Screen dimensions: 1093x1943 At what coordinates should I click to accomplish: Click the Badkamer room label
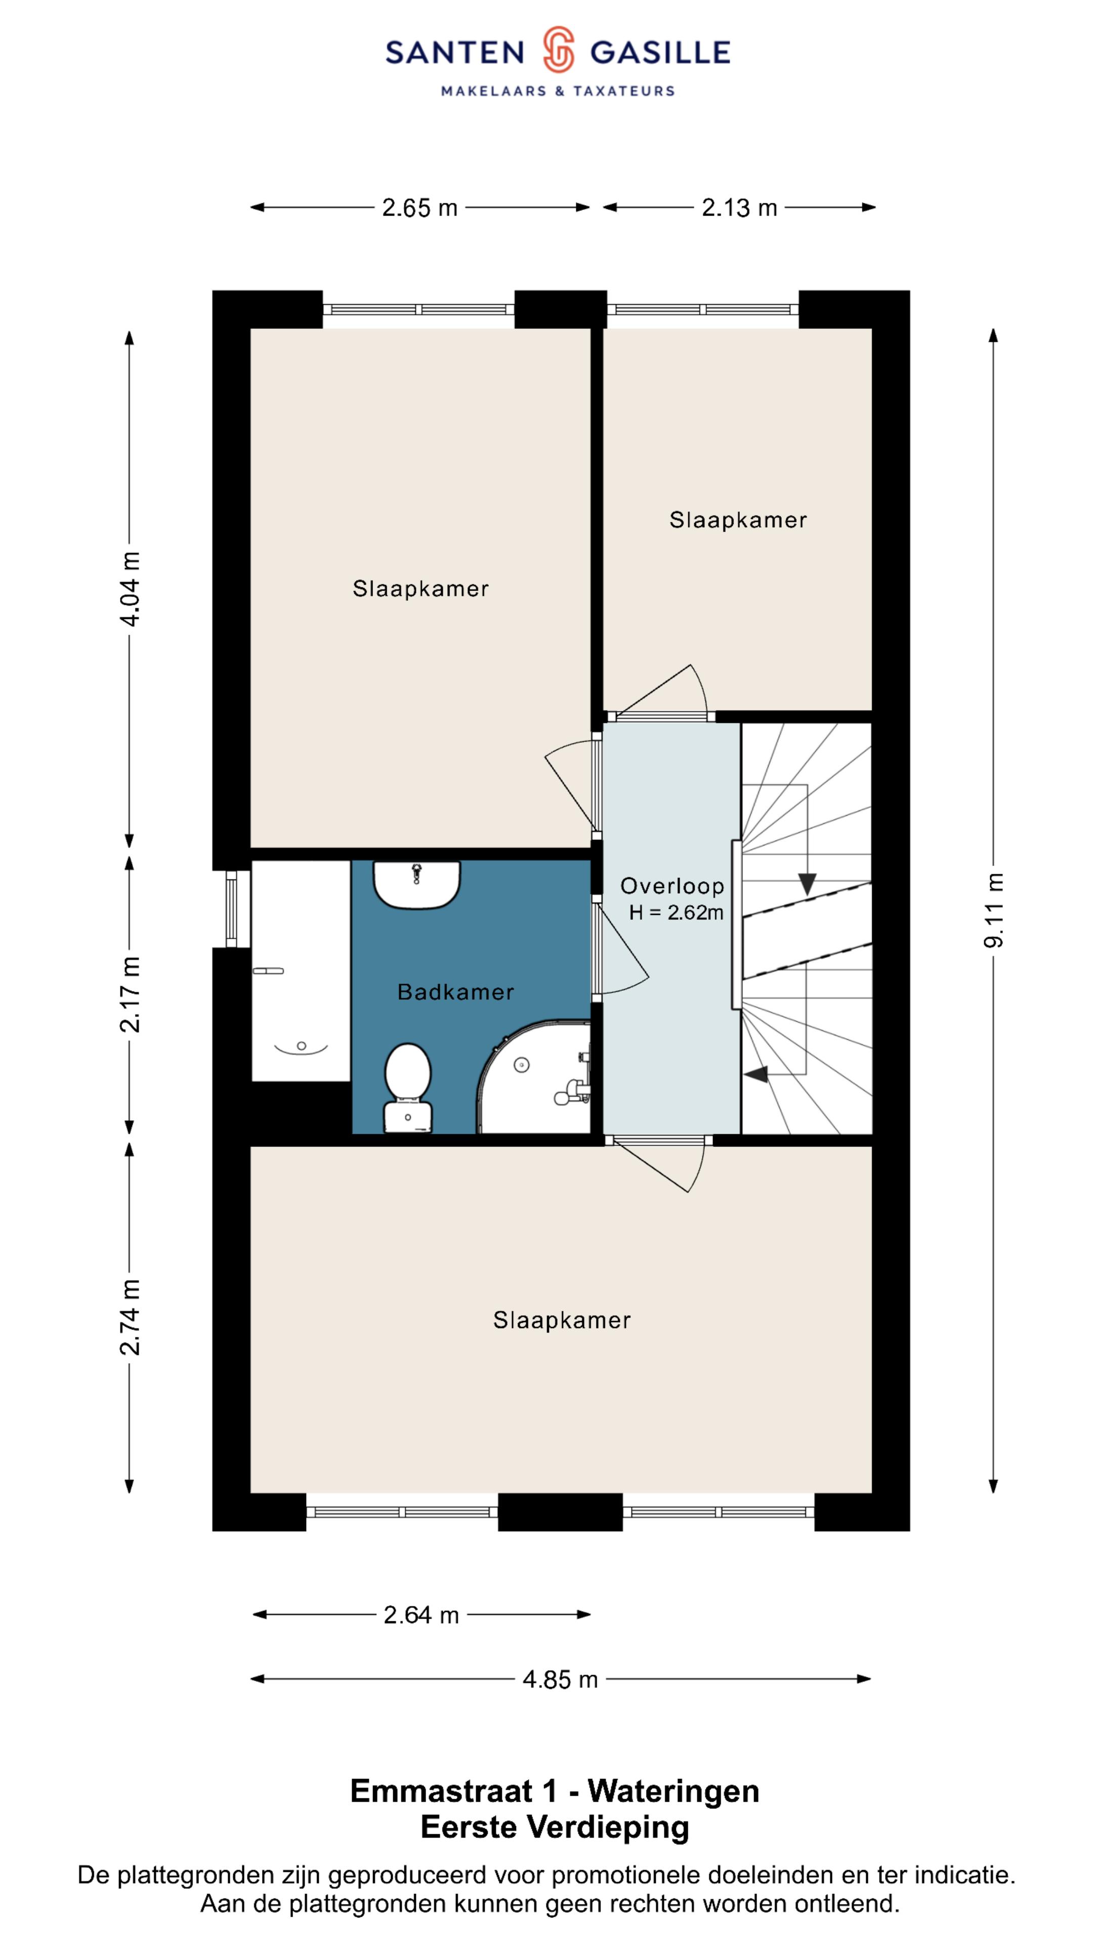[455, 992]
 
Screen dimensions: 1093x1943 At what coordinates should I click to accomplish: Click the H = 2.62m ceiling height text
[676, 913]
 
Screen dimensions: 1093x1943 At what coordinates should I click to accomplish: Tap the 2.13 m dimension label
[739, 207]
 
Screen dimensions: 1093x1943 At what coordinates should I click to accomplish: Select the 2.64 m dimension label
[421, 1615]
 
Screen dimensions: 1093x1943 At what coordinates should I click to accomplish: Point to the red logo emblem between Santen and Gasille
[558, 50]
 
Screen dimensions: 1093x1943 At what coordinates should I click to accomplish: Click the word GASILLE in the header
[660, 52]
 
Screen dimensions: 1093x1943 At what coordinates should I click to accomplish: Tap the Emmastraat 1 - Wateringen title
[555, 1791]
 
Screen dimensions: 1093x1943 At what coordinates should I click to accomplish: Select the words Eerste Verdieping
[555, 1827]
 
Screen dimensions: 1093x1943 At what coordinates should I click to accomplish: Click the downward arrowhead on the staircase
[807, 884]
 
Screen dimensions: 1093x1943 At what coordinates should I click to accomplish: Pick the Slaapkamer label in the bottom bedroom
[562, 1320]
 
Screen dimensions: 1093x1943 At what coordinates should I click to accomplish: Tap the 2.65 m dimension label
[419, 207]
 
